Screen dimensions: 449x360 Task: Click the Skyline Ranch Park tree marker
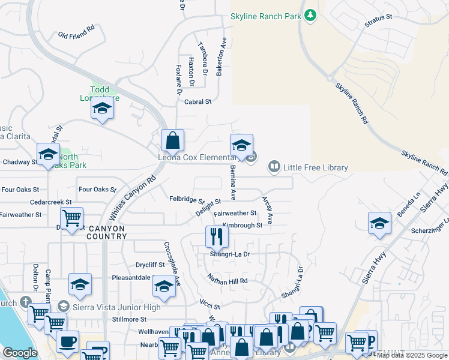click(310, 15)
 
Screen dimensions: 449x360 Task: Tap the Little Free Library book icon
click(274, 166)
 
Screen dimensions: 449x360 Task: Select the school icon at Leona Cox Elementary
click(241, 146)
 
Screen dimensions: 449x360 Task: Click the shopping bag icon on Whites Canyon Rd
click(172, 140)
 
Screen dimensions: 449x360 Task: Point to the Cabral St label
click(198, 102)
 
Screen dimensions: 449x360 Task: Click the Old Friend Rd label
click(76, 32)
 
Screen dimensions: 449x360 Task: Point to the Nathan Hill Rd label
click(228, 280)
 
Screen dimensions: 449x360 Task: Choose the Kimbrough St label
click(243, 226)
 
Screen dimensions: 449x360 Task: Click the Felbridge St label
click(187, 199)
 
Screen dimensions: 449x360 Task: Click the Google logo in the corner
click(20, 353)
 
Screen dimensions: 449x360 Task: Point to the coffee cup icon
click(67, 342)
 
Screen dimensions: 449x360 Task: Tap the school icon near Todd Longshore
click(102, 109)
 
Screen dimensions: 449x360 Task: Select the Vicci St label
click(210, 305)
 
